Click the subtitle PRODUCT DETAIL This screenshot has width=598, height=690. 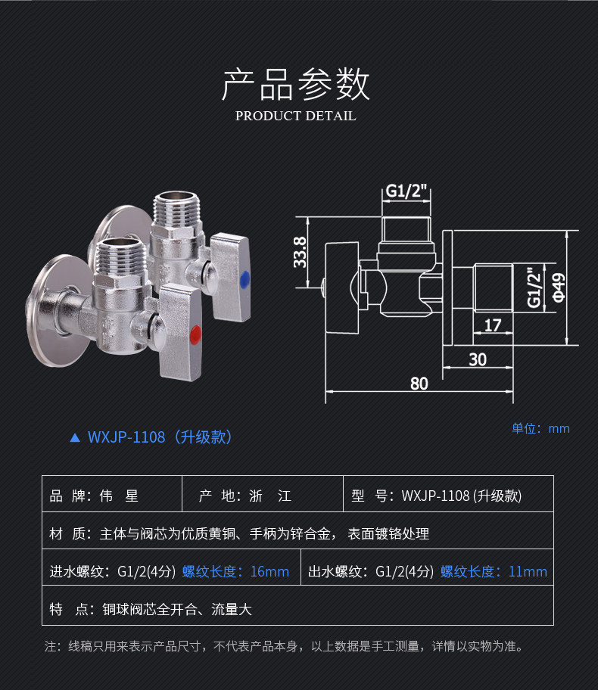[295, 116]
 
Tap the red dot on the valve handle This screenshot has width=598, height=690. [195, 332]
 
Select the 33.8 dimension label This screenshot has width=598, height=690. [300, 251]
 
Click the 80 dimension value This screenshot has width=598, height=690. [419, 383]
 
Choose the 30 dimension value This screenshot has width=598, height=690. [477, 359]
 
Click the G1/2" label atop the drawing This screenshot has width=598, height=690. [406, 191]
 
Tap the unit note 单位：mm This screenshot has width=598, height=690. [540, 428]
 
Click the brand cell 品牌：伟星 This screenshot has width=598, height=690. [95, 496]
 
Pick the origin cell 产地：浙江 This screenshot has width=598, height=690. [244, 496]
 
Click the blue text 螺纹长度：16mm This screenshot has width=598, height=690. [235, 571]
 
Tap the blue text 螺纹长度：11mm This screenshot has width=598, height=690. [494, 571]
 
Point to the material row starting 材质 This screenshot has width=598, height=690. [239, 534]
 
